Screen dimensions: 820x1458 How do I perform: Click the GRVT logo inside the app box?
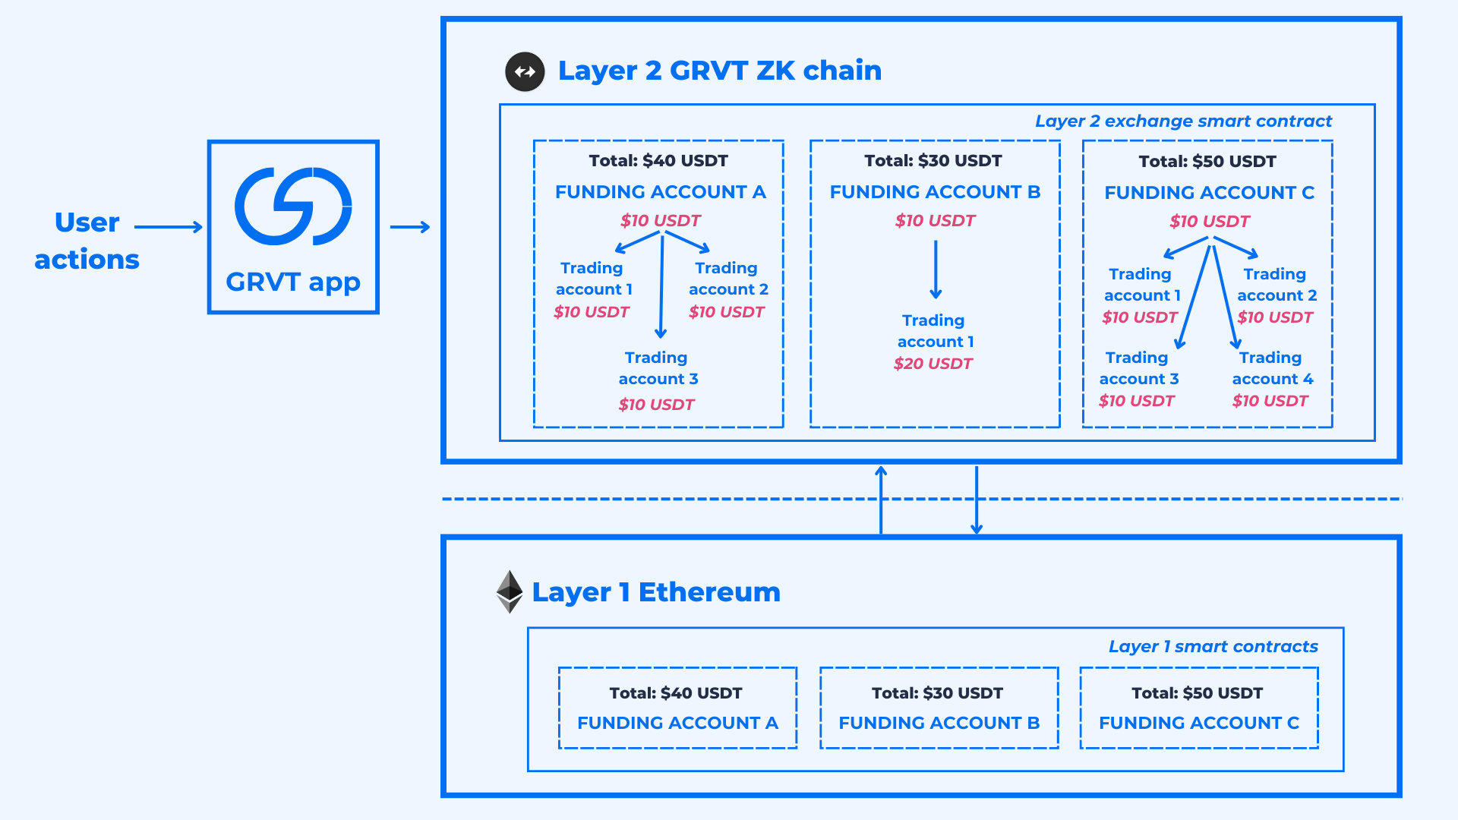point(293,207)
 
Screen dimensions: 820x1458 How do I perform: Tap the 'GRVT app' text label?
point(293,282)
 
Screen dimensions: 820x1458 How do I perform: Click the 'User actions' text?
point(87,241)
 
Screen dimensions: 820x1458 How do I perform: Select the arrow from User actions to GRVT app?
point(168,226)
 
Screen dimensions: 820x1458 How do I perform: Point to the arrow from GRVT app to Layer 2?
point(410,226)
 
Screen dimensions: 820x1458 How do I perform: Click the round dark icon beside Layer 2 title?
point(525,71)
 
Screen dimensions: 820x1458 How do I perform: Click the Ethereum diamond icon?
point(510,591)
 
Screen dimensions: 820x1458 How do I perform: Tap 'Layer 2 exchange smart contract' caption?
point(1182,121)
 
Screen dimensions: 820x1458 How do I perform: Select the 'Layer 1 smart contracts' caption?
point(1213,646)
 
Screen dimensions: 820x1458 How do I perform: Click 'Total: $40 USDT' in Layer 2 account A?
point(658,161)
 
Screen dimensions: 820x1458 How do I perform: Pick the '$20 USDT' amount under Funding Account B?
point(933,364)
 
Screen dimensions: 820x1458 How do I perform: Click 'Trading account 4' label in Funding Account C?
point(1272,368)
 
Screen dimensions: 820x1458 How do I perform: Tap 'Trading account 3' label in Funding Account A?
point(658,368)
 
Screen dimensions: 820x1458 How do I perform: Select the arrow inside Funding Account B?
point(936,270)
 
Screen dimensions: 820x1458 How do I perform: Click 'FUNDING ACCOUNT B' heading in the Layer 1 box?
point(939,723)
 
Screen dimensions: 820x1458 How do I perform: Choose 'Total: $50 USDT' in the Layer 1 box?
point(1197,693)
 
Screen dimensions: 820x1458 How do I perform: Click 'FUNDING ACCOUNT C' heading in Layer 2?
point(1209,193)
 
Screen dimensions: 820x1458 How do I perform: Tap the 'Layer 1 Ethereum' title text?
point(656,592)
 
